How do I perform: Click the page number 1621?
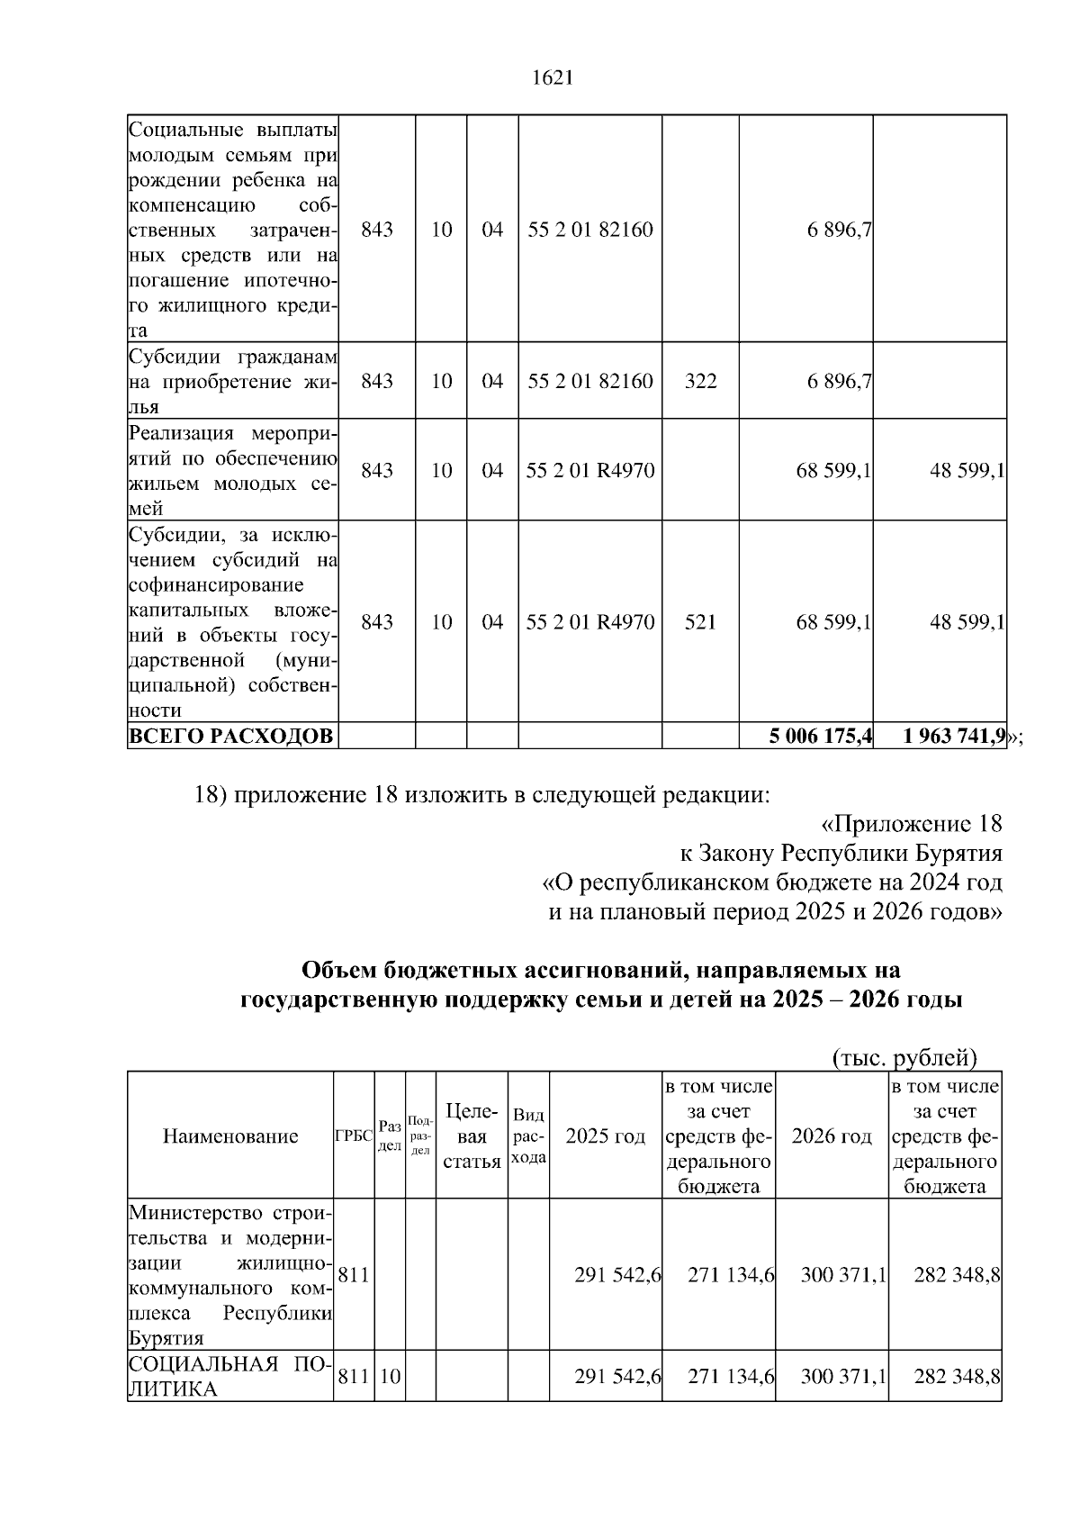tap(553, 78)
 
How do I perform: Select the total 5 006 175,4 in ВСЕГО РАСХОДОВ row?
tap(820, 737)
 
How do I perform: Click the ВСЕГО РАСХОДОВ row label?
tap(229, 737)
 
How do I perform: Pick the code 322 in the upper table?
tap(700, 381)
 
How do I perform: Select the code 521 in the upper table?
tap(700, 622)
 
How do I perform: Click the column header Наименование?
tap(230, 1136)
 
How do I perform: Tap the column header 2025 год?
tap(605, 1136)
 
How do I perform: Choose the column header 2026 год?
tap(832, 1136)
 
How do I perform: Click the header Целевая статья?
tap(472, 1136)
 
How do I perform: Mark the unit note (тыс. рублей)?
tap(904, 1057)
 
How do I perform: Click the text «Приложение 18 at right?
tap(911, 824)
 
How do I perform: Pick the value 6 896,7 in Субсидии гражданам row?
tap(839, 381)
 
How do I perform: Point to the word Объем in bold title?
tap(338, 971)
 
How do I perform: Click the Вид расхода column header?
tap(528, 1136)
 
